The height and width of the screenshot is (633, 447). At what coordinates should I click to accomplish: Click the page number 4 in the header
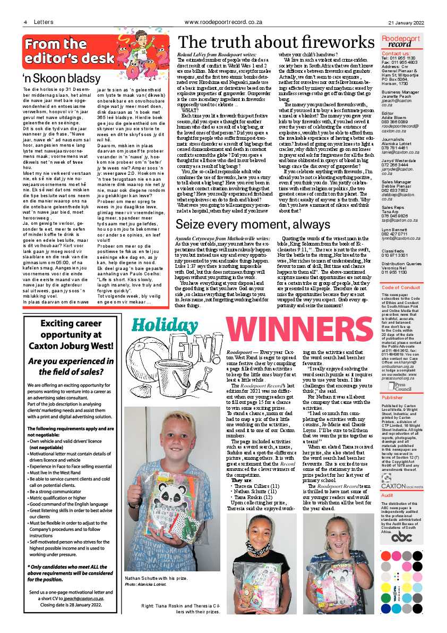[x=25, y=22]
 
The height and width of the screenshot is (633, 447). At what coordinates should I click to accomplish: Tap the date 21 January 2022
[x=406, y=22]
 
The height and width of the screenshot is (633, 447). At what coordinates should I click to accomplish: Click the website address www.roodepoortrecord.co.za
[x=223, y=22]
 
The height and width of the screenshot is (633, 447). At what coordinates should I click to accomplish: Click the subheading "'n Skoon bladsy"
[x=55, y=79]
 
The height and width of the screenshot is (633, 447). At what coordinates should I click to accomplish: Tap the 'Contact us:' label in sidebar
[x=396, y=53]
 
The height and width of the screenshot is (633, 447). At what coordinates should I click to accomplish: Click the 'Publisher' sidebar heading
[x=392, y=397]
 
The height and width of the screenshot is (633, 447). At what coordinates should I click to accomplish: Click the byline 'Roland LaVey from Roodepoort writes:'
[x=217, y=55]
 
